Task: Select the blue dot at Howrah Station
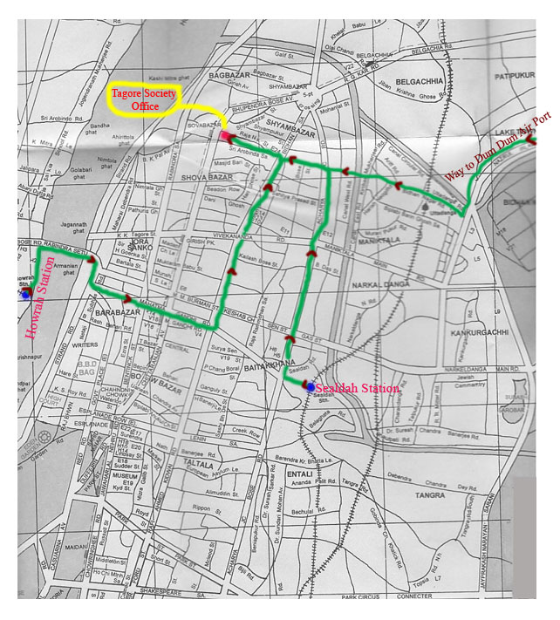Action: pos(25,295)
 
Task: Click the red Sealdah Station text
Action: pos(356,387)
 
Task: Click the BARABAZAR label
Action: pos(113,310)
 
